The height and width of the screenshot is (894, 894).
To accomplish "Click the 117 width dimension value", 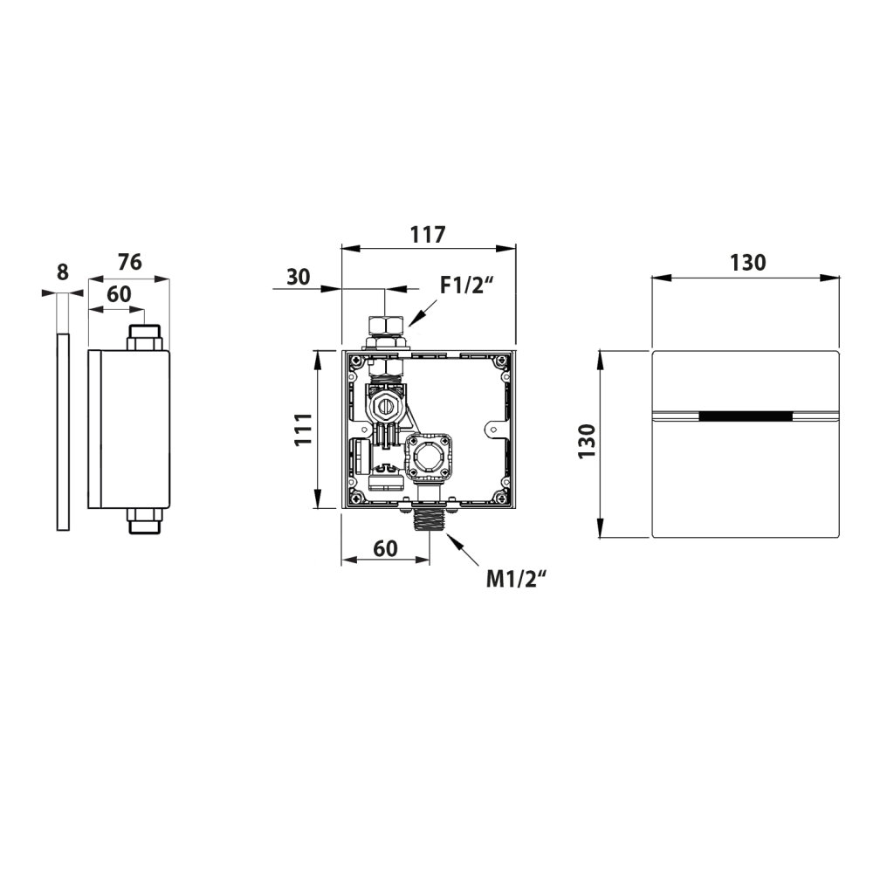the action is tap(428, 234).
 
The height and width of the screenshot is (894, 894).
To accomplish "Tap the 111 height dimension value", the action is tap(303, 430).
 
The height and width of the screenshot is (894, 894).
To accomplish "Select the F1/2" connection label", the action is tap(466, 285).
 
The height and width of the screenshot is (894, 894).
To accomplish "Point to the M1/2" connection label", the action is tap(517, 580).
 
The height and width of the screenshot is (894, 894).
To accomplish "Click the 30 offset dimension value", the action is tap(299, 277).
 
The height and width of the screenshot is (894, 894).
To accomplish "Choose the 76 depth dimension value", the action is tap(129, 262).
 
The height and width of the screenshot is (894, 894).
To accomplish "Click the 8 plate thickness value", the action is tap(63, 272).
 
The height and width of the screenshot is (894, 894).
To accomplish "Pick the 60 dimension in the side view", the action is tap(119, 294).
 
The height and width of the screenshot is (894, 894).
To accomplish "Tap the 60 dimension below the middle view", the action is tap(385, 548).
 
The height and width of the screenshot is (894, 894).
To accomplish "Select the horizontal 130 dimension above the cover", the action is tap(748, 263).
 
